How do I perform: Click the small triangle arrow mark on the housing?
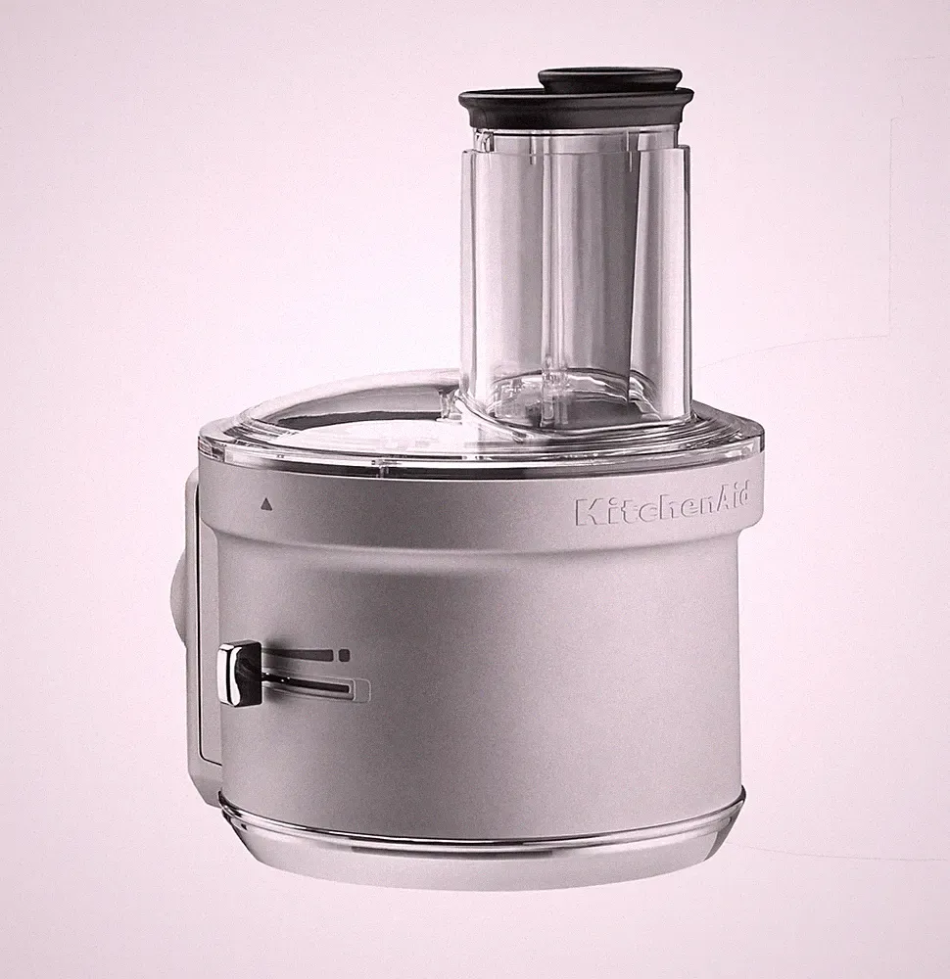267,501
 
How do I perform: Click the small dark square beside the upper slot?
343,655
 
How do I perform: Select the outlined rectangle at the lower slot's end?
361,689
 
